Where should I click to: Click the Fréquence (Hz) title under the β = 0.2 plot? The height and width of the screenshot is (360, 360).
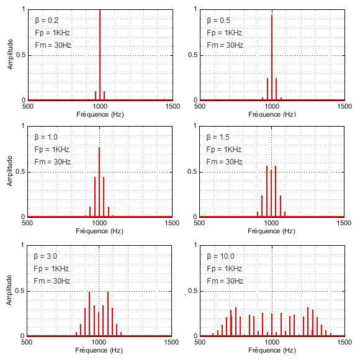[99, 114]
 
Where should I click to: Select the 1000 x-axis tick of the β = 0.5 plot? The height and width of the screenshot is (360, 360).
[272, 106]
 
